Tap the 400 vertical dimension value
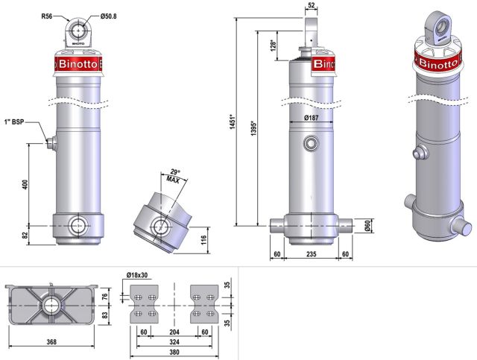(25, 185)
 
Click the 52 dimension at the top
(311, 6)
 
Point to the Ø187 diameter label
(312, 119)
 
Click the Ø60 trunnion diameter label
(367, 224)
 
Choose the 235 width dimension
(312, 255)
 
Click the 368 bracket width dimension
(51, 343)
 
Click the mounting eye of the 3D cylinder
(440, 26)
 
